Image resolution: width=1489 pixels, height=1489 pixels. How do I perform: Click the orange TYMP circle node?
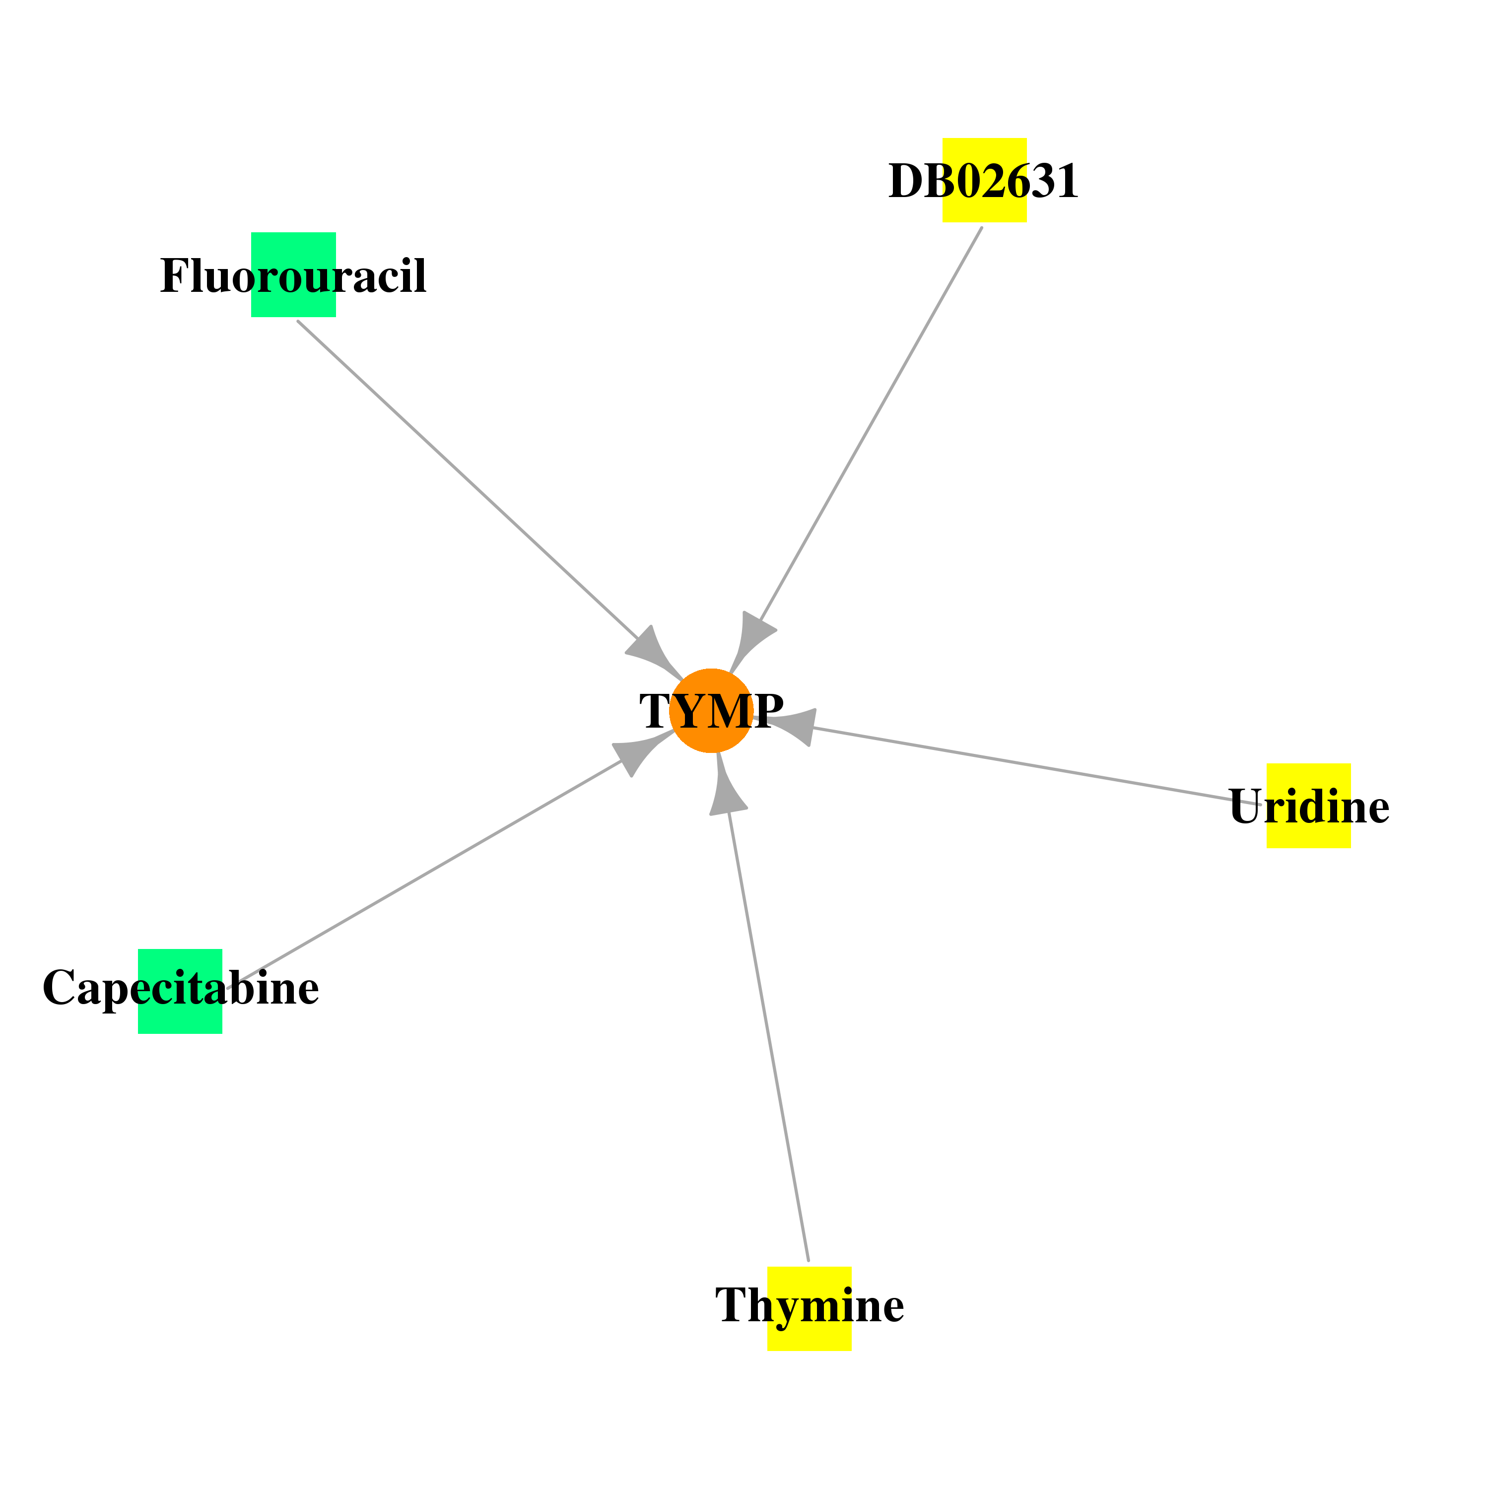point(711,711)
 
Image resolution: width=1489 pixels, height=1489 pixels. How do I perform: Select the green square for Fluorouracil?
point(294,274)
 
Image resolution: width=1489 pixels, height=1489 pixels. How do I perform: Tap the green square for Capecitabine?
point(180,991)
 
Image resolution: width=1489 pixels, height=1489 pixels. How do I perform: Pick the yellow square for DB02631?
point(984,180)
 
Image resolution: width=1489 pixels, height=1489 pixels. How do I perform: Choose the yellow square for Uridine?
point(1309,806)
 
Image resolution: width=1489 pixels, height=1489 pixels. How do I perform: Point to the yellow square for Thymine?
point(809,1309)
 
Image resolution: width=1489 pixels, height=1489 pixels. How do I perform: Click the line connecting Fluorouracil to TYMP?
point(468,479)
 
